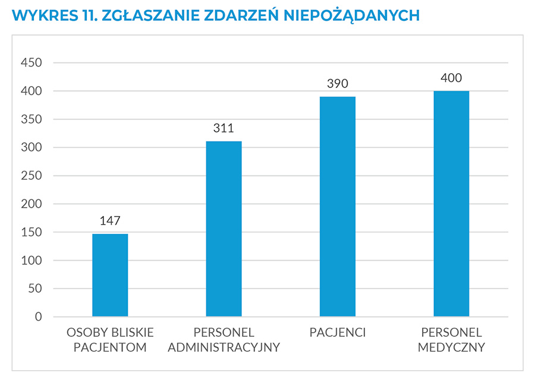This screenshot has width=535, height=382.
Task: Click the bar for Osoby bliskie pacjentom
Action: coord(110,275)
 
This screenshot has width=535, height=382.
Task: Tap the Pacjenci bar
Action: coord(337,206)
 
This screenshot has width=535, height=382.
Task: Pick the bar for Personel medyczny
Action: coord(451,203)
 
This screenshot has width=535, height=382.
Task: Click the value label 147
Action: coord(110,221)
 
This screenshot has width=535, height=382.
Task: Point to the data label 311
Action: coord(224,128)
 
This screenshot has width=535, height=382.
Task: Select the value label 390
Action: coord(337,84)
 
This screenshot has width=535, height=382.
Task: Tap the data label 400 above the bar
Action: coord(451,78)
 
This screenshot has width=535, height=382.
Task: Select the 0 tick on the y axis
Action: coord(39,317)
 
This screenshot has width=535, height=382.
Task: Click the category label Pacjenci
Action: coord(337,333)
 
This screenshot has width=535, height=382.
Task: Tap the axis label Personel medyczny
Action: coord(451,340)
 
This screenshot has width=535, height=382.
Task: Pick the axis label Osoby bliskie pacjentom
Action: coord(110,340)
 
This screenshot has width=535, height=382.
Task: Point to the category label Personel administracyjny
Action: coord(224,340)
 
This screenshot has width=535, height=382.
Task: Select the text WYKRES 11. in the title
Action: coord(49,15)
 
